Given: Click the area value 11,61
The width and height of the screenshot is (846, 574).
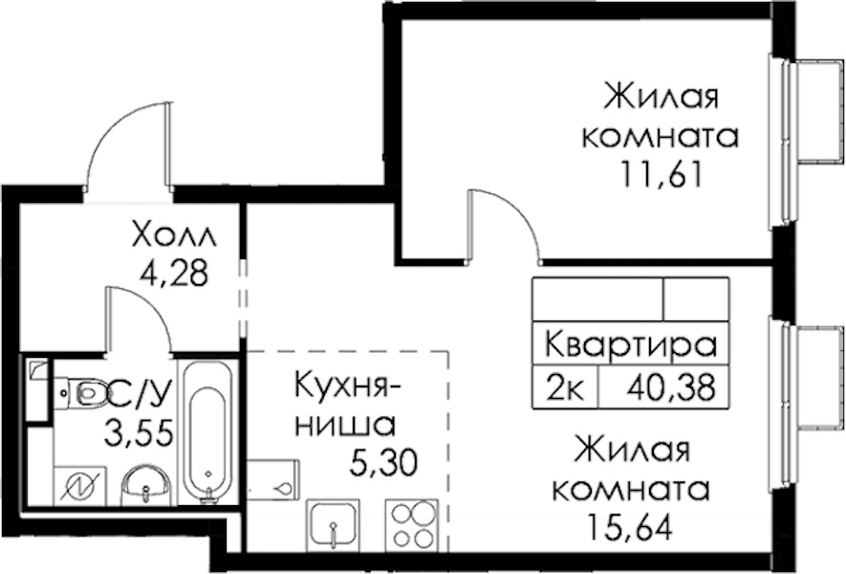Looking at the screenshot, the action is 662,174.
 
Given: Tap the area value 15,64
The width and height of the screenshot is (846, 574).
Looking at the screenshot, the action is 631,526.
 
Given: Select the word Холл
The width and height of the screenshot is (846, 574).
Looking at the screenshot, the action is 174,235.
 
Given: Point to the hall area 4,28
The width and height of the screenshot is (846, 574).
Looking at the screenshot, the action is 174,274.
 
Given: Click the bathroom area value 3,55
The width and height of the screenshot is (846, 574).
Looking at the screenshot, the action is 140,433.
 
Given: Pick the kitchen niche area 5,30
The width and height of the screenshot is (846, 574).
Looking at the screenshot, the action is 383,463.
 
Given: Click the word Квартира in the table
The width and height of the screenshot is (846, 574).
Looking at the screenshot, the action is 631,345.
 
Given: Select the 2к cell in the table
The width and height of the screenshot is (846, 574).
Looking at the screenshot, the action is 565,387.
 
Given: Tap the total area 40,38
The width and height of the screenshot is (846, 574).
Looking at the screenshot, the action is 671,387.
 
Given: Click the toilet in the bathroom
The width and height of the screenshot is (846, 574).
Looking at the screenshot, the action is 81,392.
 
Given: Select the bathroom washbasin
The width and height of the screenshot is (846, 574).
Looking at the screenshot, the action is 146,485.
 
